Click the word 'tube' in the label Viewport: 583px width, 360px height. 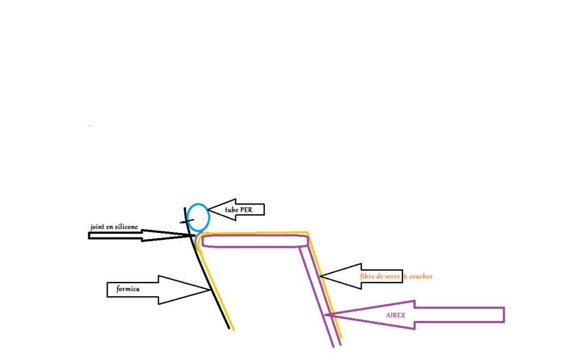click(x=231, y=210)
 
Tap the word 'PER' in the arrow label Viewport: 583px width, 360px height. click(x=246, y=210)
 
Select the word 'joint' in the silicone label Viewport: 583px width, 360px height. click(x=97, y=227)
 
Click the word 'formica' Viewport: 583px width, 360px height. click(x=128, y=289)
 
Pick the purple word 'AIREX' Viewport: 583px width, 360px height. click(x=396, y=316)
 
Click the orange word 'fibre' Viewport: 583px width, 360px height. click(x=367, y=276)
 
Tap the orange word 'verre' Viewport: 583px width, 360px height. click(x=392, y=277)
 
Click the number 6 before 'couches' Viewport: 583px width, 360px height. click(x=405, y=277)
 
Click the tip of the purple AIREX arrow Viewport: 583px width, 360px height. click(x=326, y=315)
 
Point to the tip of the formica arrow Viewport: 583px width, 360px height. click(x=211, y=290)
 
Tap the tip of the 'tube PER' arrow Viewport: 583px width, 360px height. click(x=207, y=210)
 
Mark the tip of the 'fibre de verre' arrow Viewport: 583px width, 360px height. click(x=320, y=276)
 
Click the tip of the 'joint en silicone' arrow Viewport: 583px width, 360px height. click(x=194, y=235)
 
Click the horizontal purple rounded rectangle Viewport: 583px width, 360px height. click(x=255, y=235)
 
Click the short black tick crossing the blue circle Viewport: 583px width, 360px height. click(x=187, y=222)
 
